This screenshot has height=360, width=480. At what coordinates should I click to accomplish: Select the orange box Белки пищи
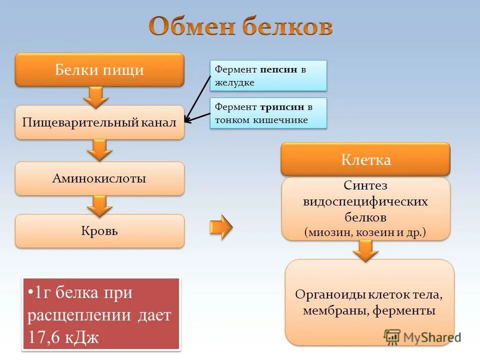point(99,69)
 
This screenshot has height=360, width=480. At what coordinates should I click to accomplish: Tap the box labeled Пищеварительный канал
point(99,122)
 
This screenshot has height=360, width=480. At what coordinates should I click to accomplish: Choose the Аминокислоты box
point(99,178)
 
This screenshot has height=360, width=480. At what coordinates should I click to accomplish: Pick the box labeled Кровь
point(99,231)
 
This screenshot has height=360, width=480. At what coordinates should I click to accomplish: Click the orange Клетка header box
point(365,159)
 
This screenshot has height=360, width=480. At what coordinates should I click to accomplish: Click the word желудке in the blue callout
point(234,82)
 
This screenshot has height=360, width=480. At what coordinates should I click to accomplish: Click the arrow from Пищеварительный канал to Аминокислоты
point(100,149)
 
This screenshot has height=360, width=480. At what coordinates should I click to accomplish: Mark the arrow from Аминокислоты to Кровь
point(100,205)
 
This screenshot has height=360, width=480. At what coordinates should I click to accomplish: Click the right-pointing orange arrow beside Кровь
point(220,227)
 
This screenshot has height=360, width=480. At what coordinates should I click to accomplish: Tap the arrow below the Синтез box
point(367,250)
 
